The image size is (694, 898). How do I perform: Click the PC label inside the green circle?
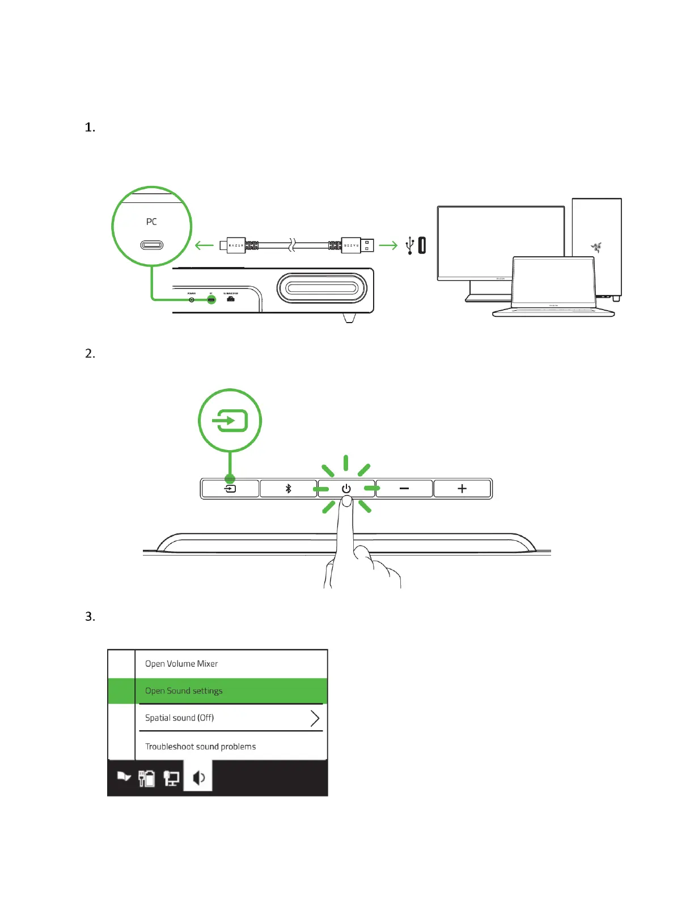point(151,222)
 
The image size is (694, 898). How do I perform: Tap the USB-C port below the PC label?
point(151,245)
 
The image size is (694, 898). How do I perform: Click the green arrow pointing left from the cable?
point(204,245)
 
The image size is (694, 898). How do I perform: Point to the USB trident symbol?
point(410,245)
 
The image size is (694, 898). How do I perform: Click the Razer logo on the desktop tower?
point(596,247)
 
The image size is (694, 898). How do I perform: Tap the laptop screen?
point(553,281)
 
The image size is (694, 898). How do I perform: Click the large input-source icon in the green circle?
point(230,421)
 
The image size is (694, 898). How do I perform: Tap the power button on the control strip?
point(346,489)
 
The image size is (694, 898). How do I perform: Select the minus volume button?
point(404,489)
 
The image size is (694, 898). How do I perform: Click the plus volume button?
point(462,489)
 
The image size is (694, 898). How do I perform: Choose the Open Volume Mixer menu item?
point(181,664)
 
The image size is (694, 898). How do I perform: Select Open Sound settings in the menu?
point(184,691)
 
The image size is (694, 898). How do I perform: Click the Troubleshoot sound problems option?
point(200,747)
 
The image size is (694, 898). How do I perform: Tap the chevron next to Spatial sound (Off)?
point(315,718)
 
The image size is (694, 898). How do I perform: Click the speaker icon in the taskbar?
point(198,778)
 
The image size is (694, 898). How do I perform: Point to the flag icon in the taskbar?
point(124,777)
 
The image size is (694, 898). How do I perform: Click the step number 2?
point(90,354)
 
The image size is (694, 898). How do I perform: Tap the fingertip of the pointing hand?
point(346,502)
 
